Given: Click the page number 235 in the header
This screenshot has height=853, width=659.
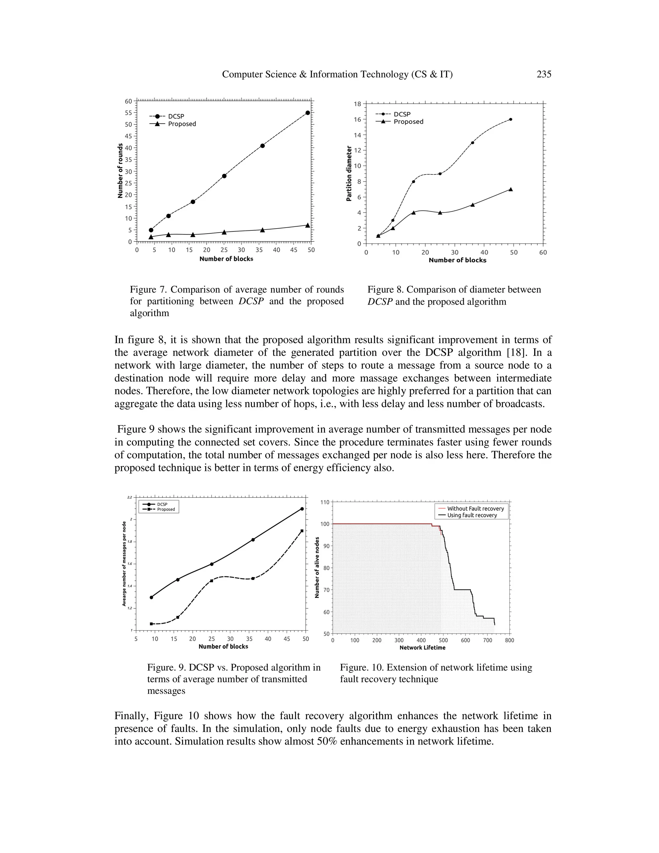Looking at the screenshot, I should coord(543,74).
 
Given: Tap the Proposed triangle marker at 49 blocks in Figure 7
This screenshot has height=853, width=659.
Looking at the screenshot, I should coord(308,225).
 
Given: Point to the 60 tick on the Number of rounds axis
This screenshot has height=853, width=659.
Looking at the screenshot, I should coord(128,101).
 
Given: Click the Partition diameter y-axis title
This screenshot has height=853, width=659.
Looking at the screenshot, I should coord(349,173).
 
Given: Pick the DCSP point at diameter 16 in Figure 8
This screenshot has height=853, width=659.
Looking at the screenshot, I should coord(511,119).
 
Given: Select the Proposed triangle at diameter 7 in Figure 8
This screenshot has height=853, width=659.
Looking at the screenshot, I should coord(511,189).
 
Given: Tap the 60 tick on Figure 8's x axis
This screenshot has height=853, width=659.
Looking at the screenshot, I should coord(543,252).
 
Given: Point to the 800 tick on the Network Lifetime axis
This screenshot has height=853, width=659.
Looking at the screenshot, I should coord(509,641).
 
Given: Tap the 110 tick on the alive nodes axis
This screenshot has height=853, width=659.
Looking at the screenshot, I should coord(325,502).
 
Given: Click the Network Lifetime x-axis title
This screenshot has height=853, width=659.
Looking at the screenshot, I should coord(422,648).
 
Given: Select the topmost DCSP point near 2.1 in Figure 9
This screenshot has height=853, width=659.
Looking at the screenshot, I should coord(302,509).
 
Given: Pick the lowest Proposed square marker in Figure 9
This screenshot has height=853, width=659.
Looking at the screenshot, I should coord(152,624).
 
